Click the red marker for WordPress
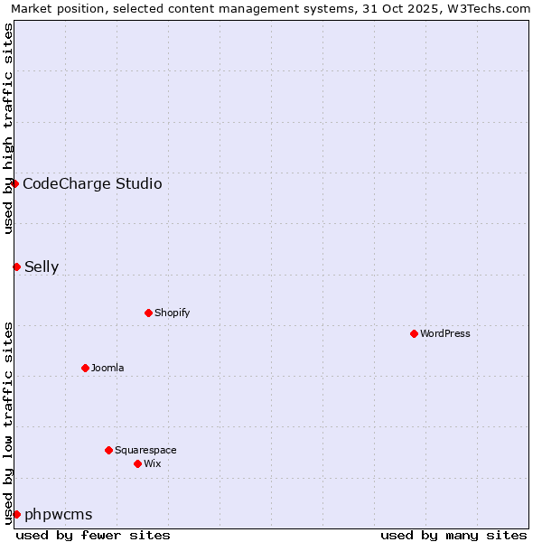(x=414, y=333)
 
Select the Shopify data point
(x=148, y=313)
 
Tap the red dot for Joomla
(x=85, y=368)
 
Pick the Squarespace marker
(x=108, y=450)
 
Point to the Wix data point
(x=137, y=463)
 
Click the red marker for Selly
(x=16, y=266)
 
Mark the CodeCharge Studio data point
(x=14, y=183)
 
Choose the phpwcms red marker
(x=16, y=514)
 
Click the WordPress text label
(x=445, y=333)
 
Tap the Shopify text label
(x=172, y=313)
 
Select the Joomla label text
(x=107, y=368)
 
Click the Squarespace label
(x=145, y=450)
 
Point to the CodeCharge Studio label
(x=92, y=184)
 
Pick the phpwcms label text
(x=59, y=514)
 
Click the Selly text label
(x=42, y=266)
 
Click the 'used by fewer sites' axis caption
(x=93, y=535)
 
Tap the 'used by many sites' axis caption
(x=453, y=535)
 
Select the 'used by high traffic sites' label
(x=8, y=128)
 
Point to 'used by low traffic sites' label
(x=8, y=423)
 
